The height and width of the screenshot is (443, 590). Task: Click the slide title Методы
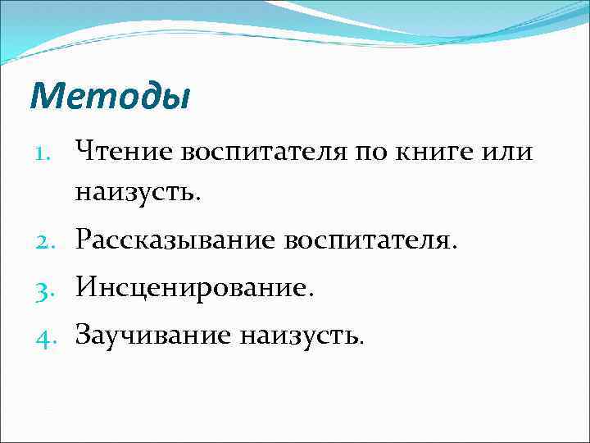(109, 96)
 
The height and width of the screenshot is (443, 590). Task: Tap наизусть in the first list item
(138, 194)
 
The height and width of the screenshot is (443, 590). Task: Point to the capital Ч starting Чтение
(85, 152)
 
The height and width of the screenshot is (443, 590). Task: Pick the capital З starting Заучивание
(84, 334)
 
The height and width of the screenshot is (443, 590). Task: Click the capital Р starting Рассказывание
(84, 241)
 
